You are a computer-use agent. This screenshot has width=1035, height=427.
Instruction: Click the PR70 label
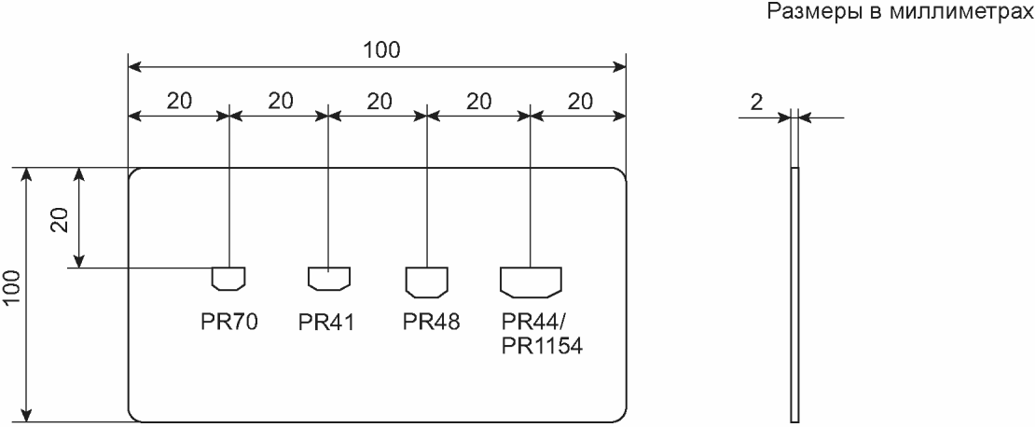(x=228, y=322)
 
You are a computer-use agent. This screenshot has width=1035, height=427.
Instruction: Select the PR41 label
(x=326, y=322)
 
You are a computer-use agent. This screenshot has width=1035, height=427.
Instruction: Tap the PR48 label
(x=431, y=322)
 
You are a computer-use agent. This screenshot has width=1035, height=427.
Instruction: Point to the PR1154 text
(x=542, y=347)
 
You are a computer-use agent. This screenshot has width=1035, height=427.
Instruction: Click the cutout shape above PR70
(x=228, y=278)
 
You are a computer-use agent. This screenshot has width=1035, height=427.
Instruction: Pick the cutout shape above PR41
(x=329, y=278)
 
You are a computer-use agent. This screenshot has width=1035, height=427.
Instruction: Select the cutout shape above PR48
(x=427, y=281)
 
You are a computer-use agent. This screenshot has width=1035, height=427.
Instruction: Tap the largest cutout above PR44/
(x=531, y=281)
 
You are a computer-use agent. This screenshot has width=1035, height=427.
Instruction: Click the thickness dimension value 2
(x=756, y=102)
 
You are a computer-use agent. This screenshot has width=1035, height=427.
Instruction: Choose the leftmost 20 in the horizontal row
(x=179, y=101)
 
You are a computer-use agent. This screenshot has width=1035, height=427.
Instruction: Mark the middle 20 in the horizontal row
(x=379, y=101)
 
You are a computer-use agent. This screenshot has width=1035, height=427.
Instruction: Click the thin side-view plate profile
(x=794, y=295)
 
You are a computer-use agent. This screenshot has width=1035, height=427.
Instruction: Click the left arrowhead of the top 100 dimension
(x=134, y=66)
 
